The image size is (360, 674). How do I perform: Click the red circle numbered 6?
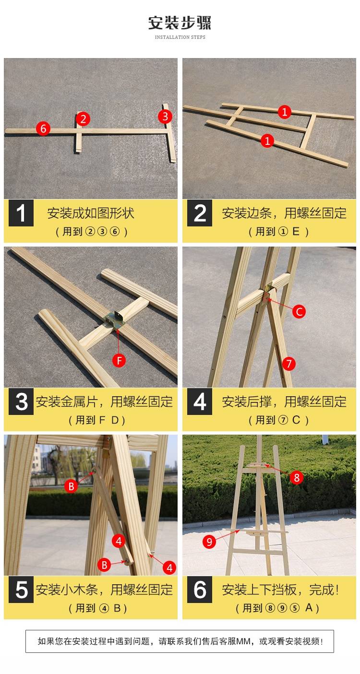coord(43,129)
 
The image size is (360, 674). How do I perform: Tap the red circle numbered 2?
coord(83,119)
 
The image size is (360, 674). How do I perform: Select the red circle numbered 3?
coord(165,117)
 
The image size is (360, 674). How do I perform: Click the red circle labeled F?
coord(119,360)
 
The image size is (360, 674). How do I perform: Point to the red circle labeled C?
coord(299,311)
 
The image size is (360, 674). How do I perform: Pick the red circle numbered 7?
coord(288,364)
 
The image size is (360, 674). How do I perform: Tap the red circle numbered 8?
coord(297,477)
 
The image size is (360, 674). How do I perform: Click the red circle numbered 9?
coord(209,542)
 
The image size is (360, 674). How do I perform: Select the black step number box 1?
coord(21,213)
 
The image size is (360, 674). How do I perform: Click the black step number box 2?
coord(200,213)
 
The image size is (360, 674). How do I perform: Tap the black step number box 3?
coord(21,402)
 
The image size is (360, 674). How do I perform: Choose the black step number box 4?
coord(200,402)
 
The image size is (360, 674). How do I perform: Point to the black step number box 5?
coord(21,590)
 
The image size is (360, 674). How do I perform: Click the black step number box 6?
coord(200,590)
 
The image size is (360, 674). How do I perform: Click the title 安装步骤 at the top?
coord(180,23)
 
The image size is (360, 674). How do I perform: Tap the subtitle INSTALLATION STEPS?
coord(180,37)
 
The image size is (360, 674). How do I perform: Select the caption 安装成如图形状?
coord(91,213)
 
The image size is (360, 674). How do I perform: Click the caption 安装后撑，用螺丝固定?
coord(284,402)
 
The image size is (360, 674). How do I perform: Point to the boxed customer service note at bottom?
coord(180,641)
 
